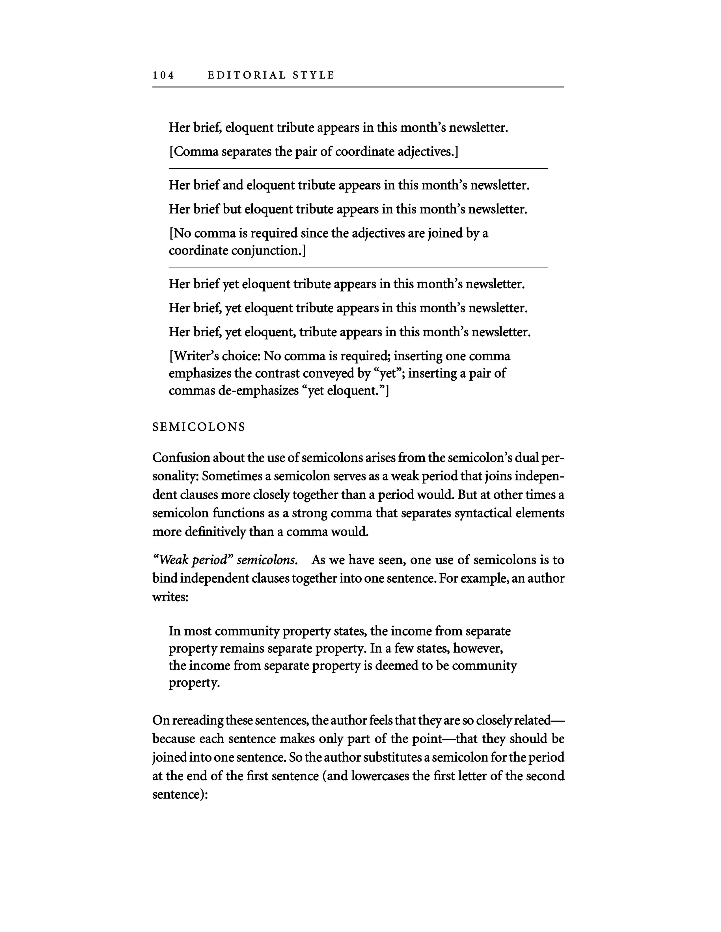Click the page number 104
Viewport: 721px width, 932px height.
(x=164, y=75)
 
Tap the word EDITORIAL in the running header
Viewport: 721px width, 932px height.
(x=247, y=75)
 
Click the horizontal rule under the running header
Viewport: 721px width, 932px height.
(x=358, y=87)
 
